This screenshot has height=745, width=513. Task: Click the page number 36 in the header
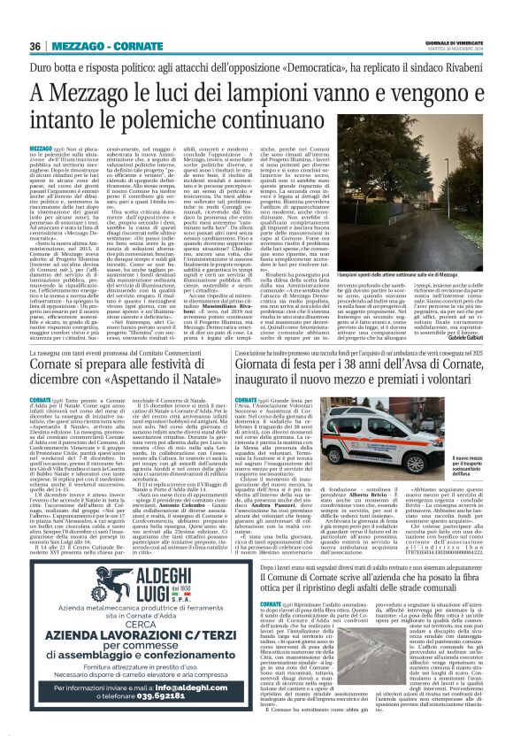coord(36,46)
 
